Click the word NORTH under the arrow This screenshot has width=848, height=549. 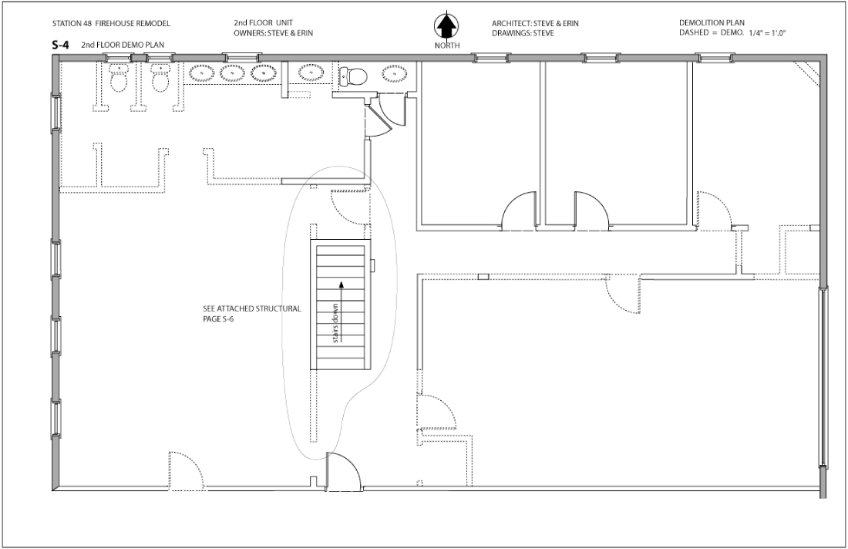(x=448, y=46)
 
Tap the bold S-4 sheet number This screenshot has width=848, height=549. (x=60, y=46)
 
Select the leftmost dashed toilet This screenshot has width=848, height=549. (x=118, y=78)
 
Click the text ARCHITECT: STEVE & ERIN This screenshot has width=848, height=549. (x=535, y=23)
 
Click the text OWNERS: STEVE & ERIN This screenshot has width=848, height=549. (x=273, y=33)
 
